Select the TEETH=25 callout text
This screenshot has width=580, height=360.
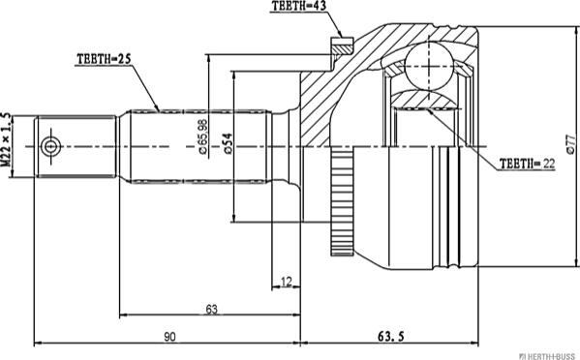click(104, 59)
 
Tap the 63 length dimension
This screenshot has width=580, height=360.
click(210, 309)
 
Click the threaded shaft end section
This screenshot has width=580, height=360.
click(77, 147)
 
